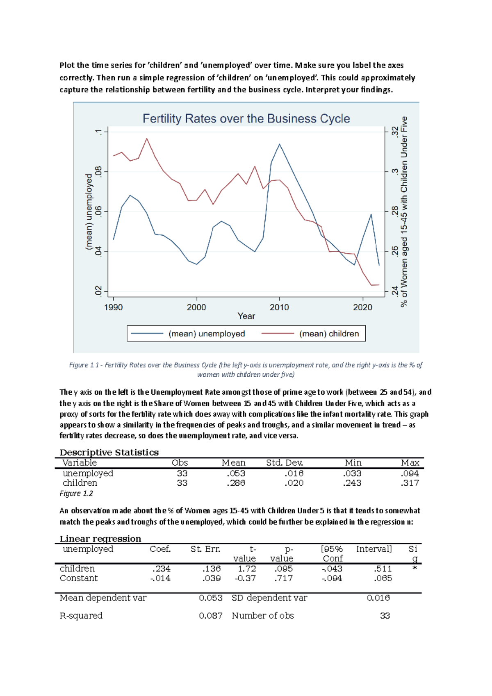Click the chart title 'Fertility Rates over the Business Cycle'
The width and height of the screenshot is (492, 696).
click(x=246, y=119)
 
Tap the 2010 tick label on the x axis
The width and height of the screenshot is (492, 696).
click(x=279, y=307)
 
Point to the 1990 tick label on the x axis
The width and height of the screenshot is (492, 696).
click(x=114, y=307)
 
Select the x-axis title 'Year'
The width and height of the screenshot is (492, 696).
click(x=246, y=316)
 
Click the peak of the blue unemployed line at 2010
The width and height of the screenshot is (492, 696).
click(x=279, y=144)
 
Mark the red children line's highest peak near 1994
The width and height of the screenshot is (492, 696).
click(x=147, y=139)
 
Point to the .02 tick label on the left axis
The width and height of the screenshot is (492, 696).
click(x=98, y=291)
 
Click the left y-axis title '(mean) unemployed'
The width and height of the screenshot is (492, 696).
click(x=89, y=212)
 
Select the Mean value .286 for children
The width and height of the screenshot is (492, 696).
click(x=236, y=483)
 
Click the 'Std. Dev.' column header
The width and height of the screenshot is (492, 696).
click(x=285, y=463)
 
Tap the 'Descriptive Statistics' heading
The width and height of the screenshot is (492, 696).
click(x=109, y=452)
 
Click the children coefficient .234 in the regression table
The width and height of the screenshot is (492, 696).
click(x=161, y=569)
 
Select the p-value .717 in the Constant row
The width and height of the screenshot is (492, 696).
click(x=283, y=578)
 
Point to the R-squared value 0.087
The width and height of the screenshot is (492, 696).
click(x=211, y=616)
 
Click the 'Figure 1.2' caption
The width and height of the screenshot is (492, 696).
click(x=76, y=494)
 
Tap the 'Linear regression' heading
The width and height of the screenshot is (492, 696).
click(x=100, y=539)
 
